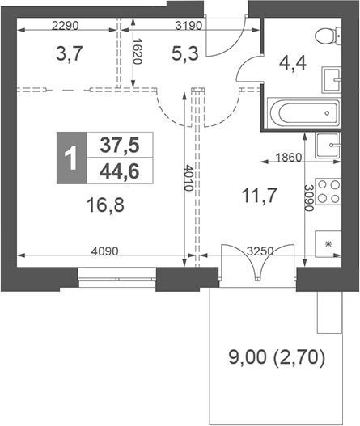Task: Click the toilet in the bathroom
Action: (328, 36)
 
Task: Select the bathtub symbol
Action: (304, 113)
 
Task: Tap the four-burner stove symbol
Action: (328, 192)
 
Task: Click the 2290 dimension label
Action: (66, 26)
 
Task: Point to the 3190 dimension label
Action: (188, 26)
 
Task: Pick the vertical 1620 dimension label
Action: (138, 52)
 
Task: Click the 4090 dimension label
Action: (104, 251)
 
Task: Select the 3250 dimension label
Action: (260, 251)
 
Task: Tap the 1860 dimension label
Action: (289, 158)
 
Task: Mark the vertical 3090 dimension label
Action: (309, 198)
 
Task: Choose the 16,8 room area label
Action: (105, 205)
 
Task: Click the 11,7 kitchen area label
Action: (260, 196)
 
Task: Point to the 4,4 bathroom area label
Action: (293, 63)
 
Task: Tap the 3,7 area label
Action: (69, 53)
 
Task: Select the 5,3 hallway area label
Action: (185, 53)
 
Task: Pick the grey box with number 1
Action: (72, 158)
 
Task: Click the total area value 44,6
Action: (120, 171)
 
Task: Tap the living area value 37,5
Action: (120, 145)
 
